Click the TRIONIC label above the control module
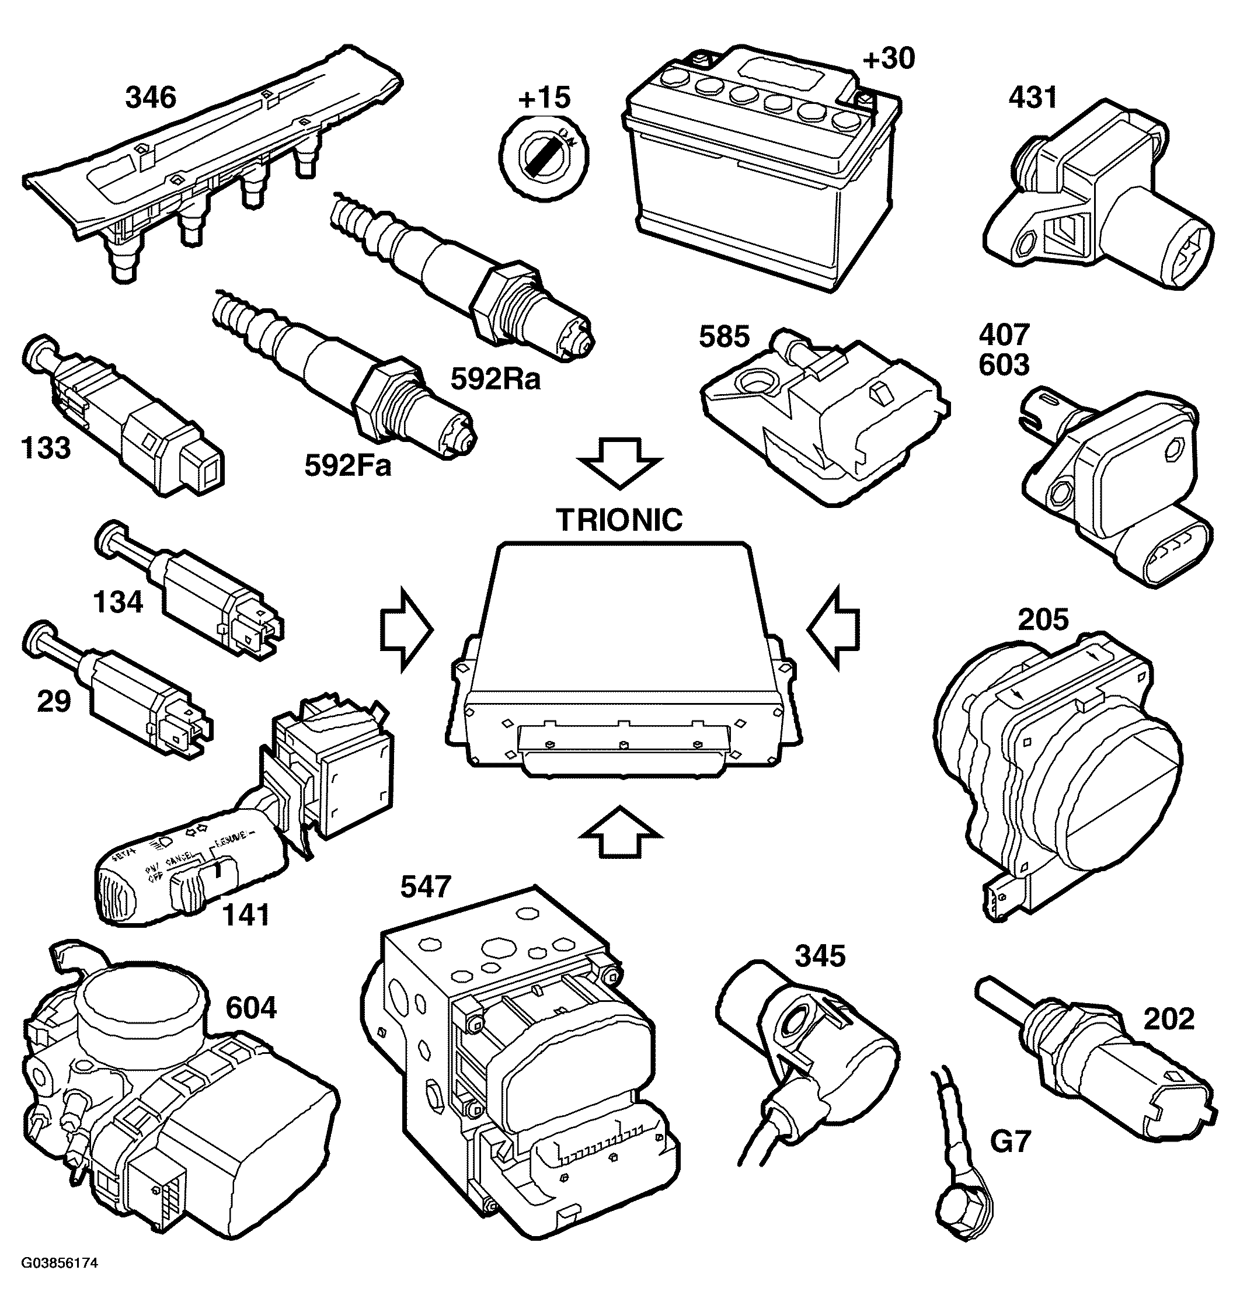619,520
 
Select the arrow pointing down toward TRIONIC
619,462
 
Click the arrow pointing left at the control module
834,628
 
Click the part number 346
151,98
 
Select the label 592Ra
495,379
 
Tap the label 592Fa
348,465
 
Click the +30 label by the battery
889,59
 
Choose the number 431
1032,98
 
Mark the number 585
724,337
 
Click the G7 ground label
1010,1142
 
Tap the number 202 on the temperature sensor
1169,1018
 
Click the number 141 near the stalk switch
246,916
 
